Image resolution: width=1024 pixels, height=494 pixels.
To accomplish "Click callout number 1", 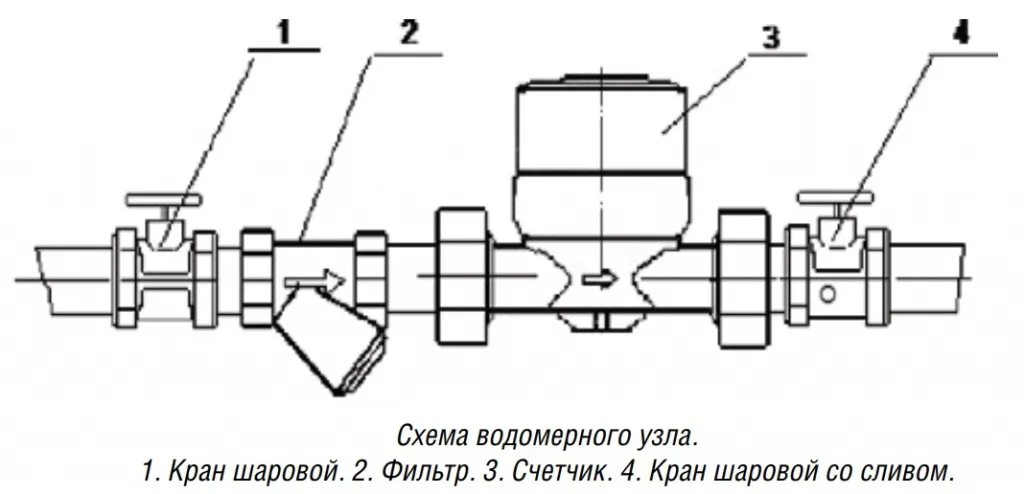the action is (x=282, y=33).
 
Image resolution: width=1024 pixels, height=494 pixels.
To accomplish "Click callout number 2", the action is (x=409, y=33).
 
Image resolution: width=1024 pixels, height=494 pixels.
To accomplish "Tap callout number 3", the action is (x=771, y=38).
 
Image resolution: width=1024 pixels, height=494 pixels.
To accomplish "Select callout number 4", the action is (x=960, y=33).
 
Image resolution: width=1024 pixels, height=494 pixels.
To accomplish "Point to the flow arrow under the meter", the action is (x=600, y=280).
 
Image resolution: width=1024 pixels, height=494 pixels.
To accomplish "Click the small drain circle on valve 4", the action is (x=827, y=295).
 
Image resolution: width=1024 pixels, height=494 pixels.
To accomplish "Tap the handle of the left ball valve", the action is (x=164, y=199).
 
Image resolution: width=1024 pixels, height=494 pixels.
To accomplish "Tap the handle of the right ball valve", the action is (x=836, y=198).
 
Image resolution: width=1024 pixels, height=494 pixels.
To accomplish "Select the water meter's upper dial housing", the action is (x=601, y=125).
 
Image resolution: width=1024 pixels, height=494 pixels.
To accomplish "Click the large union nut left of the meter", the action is (x=463, y=276).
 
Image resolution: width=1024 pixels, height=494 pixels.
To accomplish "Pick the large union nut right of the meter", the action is (x=744, y=278).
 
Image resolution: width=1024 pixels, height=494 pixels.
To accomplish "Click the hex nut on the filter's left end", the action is (x=258, y=278).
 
